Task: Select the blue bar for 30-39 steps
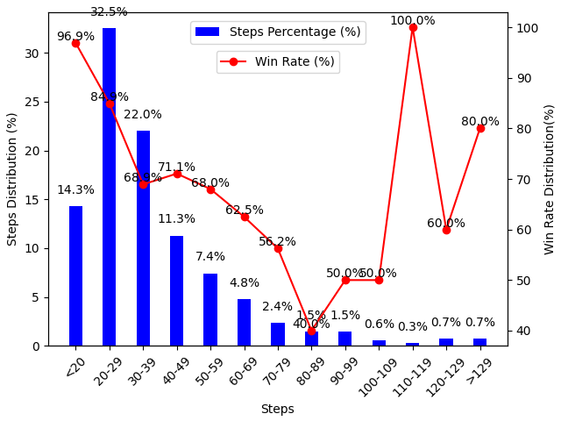pyautogui.click(x=143, y=238)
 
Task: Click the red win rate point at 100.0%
pyautogui.click(x=413, y=27)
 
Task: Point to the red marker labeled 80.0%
pyautogui.click(x=480, y=128)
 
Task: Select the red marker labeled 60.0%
pyautogui.click(x=446, y=230)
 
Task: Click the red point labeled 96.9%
pyautogui.click(x=75, y=43)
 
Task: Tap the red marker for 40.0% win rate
pyautogui.click(x=311, y=331)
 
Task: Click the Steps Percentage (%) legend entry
pyautogui.click(x=277, y=32)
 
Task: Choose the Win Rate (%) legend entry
pyautogui.click(x=278, y=61)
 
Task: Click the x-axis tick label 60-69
pyautogui.click(x=241, y=372)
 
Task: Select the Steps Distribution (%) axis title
pyautogui.click(x=12, y=179)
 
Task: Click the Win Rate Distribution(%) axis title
pyautogui.click(x=550, y=179)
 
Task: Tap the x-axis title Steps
pyautogui.click(x=277, y=409)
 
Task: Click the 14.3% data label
pyautogui.click(x=75, y=190)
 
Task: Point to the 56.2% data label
pyautogui.click(x=277, y=241)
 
